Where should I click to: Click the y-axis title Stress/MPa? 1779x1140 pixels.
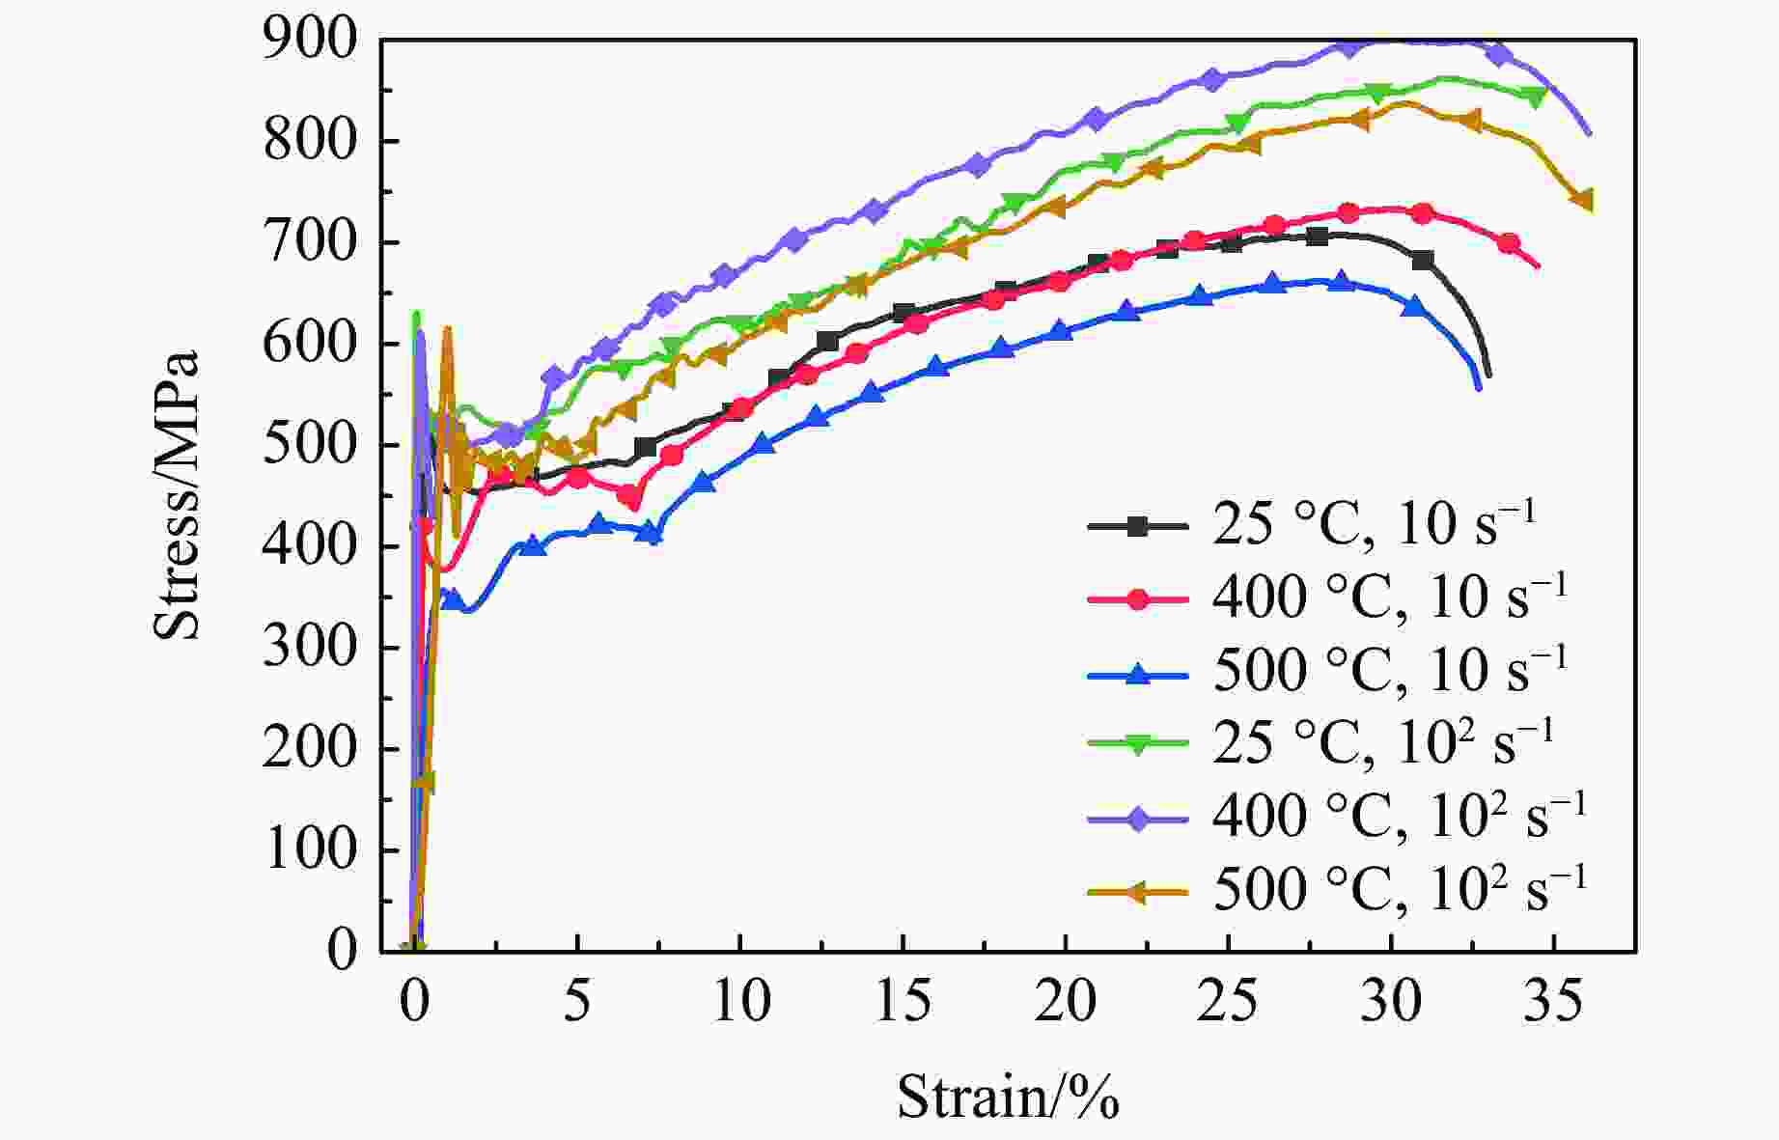pyautogui.click(x=176, y=494)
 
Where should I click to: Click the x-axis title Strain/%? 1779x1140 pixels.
pyautogui.click(x=1008, y=1097)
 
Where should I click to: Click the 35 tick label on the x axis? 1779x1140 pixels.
pyautogui.click(x=1553, y=1002)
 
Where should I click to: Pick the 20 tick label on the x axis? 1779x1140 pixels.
pyautogui.click(x=1065, y=1002)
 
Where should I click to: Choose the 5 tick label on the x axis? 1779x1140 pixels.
pyautogui.click(x=576, y=1002)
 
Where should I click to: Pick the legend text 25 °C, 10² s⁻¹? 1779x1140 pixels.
pyautogui.click(x=1383, y=741)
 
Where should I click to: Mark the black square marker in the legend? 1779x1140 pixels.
pyautogui.click(x=1138, y=526)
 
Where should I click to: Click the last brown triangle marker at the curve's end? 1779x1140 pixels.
pyautogui.click(x=1582, y=200)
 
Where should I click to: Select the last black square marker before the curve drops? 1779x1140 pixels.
pyautogui.click(x=1422, y=261)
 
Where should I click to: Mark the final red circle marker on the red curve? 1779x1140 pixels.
pyautogui.click(x=1509, y=243)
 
